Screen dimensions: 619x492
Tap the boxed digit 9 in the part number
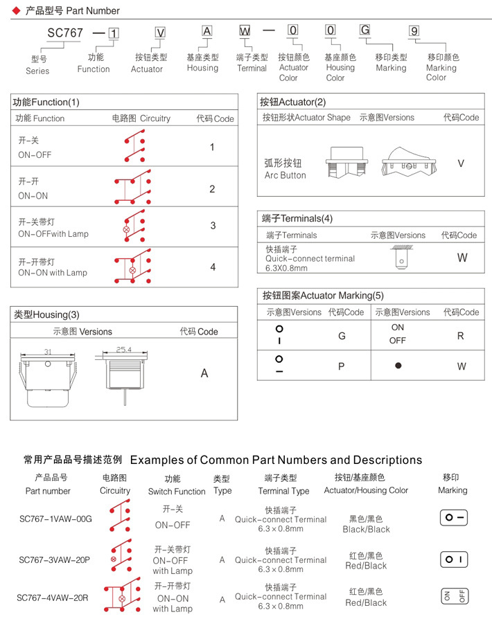[x=414, y=31]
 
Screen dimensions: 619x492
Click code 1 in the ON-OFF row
[x=212, y=147]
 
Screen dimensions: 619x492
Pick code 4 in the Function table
[x=213, y=267]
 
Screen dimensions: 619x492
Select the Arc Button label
[x=285, y=170]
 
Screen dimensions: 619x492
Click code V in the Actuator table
[x=461, y=163]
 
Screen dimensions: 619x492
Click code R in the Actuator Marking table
[x=461, y=336]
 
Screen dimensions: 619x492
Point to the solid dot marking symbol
[x=398, y=366]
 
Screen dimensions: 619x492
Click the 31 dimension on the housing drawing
[x=48, y=352]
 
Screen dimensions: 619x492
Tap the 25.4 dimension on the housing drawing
[x=124, y=350]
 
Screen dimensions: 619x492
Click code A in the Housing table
[x=204, y=373]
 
